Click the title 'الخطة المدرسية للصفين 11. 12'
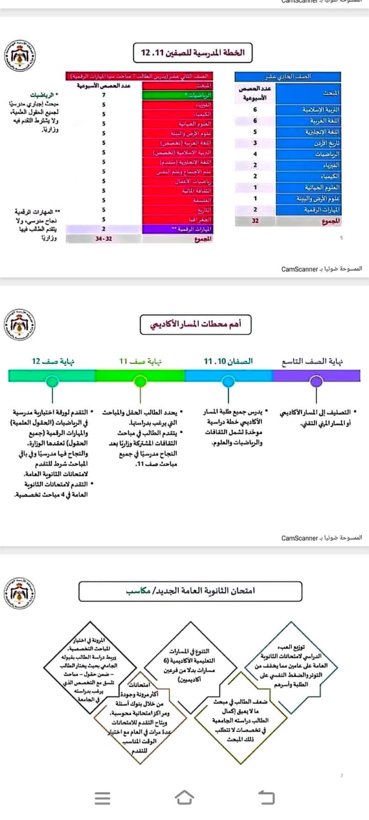pyautogui.click(x=193, y=52)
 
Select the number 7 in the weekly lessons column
pyautogui.click(x=104, y=95)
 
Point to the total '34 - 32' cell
pyautogui.click(x=104, y=239)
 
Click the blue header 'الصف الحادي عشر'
pyautogui.click(x=288, y=76)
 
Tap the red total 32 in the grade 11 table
pyautogui.click(x=255, y=221)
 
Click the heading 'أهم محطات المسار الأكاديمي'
pyautogui.click(x=195, y=324)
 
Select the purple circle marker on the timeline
pyautogui.click(x=317, y=381)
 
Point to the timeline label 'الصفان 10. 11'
pyautogui.click(x=228, y=361)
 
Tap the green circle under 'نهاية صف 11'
pyautogui.click(x=140, y=381)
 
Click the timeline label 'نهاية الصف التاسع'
pyautogui.click(x=312, y=361)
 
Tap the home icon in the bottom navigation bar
pyautogui.click(x=184, y=797)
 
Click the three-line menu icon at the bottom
pyautogui.click(x=102, y=798)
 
